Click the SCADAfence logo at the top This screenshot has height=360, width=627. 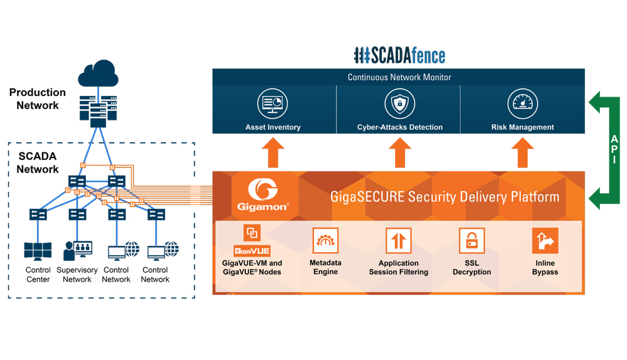(399, 55)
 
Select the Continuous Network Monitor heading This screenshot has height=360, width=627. (399, 77)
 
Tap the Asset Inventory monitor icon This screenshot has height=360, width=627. (273, 103)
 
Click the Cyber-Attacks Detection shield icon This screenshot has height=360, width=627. (399, 103)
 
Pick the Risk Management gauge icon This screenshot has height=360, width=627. (522, 103)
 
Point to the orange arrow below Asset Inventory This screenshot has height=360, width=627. (273, 152)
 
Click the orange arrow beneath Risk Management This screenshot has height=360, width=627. (522, 152)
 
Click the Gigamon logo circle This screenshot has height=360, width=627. (263, 190)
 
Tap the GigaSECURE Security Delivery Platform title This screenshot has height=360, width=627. (445, 197)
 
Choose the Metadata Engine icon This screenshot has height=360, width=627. (325, 241)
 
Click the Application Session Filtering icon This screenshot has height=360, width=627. (398, 241)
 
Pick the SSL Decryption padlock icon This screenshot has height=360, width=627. (472, 241)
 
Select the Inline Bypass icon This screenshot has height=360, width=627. (545, 241)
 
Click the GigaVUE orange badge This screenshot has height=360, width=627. (252, 251)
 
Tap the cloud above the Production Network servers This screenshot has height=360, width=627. (98, 74)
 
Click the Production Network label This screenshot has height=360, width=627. (38, 99)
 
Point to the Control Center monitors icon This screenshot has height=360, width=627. (38, 251)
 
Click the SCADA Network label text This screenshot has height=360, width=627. (38, 162)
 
